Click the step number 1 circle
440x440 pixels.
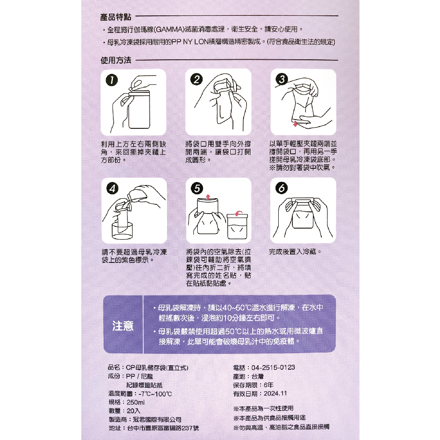[x=112, y=80]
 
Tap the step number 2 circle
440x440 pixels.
[x=196, y=80]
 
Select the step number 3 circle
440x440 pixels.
[x=282, y=79]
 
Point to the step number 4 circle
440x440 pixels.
[x=113, y=188]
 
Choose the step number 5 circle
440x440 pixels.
[x=197, y=188]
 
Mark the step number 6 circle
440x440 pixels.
[x=282, y=188]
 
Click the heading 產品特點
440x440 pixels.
[x=116, y=17]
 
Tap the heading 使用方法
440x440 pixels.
[x=116, y=60]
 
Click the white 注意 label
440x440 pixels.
[x=123, y=326]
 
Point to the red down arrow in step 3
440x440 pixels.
[x=295, y=124]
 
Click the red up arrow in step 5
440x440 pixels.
[x=208, y=197]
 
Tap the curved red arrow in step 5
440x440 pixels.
[x=239, y=213]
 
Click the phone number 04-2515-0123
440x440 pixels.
[x=273, y=367]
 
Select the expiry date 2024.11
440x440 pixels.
[x=275, y=393]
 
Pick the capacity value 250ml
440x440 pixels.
[x=135, y=402]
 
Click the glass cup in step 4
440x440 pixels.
[x=122, y=231]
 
